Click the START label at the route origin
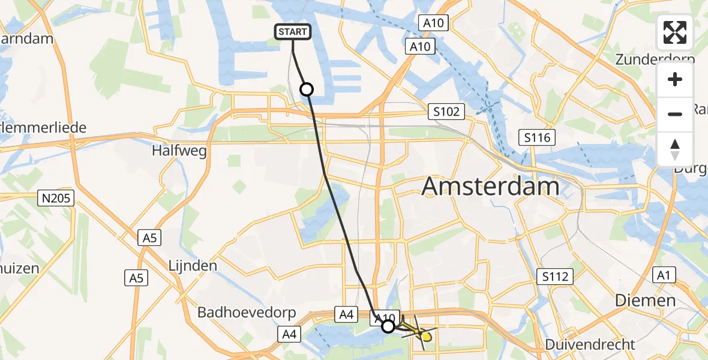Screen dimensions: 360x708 (293, 32)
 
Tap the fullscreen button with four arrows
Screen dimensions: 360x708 (675, 33)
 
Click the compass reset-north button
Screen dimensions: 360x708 (675, 149)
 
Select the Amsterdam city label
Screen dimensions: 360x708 (490, 187)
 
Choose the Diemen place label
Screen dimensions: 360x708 (646, 300)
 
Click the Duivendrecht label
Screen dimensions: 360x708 (590, 344)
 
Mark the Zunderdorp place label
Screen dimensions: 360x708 (655, 59)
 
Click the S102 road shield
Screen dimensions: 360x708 (446, 112)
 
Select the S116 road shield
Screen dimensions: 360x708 (537, 137)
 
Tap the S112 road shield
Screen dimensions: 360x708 (555, 277)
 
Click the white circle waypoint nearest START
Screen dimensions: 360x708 (306, 89)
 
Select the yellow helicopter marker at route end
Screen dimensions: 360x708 (424, 336)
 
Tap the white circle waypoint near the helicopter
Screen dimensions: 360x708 (388, 326)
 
